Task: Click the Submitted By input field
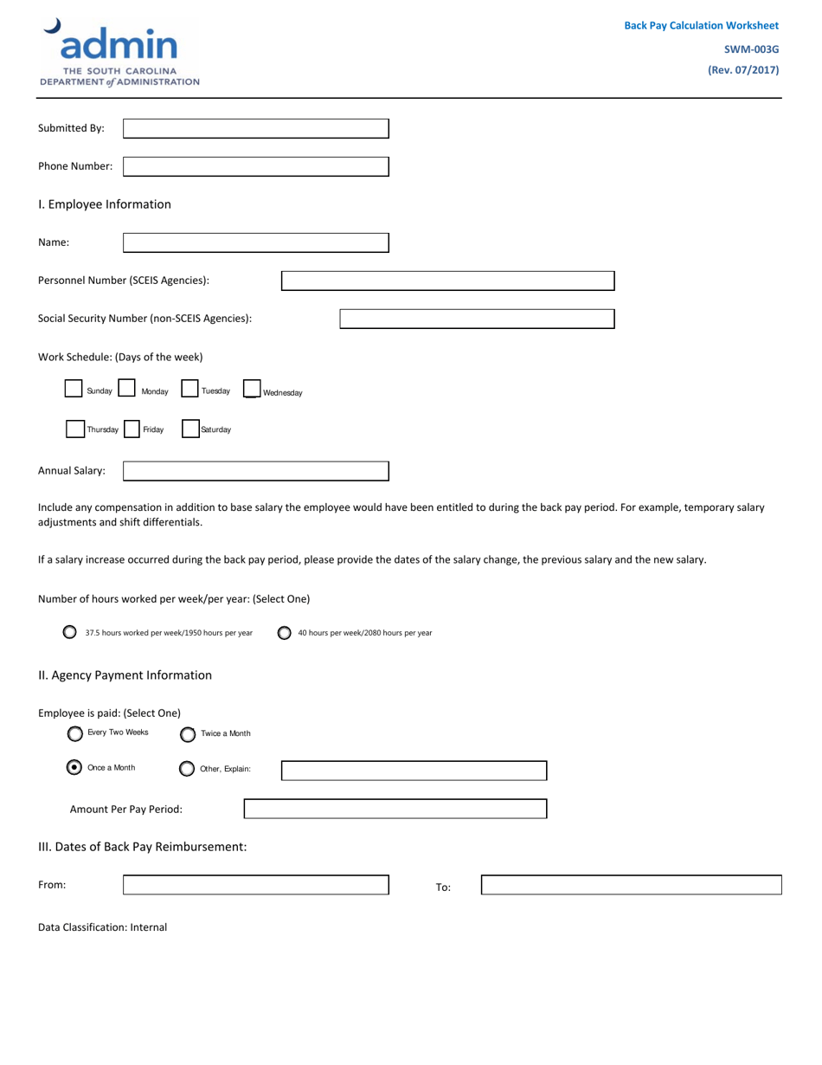256,128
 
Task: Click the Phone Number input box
256,166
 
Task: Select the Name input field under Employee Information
256,242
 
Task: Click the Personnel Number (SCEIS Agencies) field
447,281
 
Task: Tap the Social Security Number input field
477,319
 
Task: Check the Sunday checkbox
74,389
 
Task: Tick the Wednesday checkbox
252,390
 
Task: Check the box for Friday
132,429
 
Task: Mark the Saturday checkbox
190,429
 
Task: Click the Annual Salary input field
256,471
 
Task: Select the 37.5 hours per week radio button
70,632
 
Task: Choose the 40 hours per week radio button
284,633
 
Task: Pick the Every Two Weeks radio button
75,733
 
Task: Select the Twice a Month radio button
188,734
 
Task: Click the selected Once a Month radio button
75,767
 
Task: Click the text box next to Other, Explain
414,771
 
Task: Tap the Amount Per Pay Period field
395,809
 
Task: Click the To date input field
631,885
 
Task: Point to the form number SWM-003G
751,49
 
